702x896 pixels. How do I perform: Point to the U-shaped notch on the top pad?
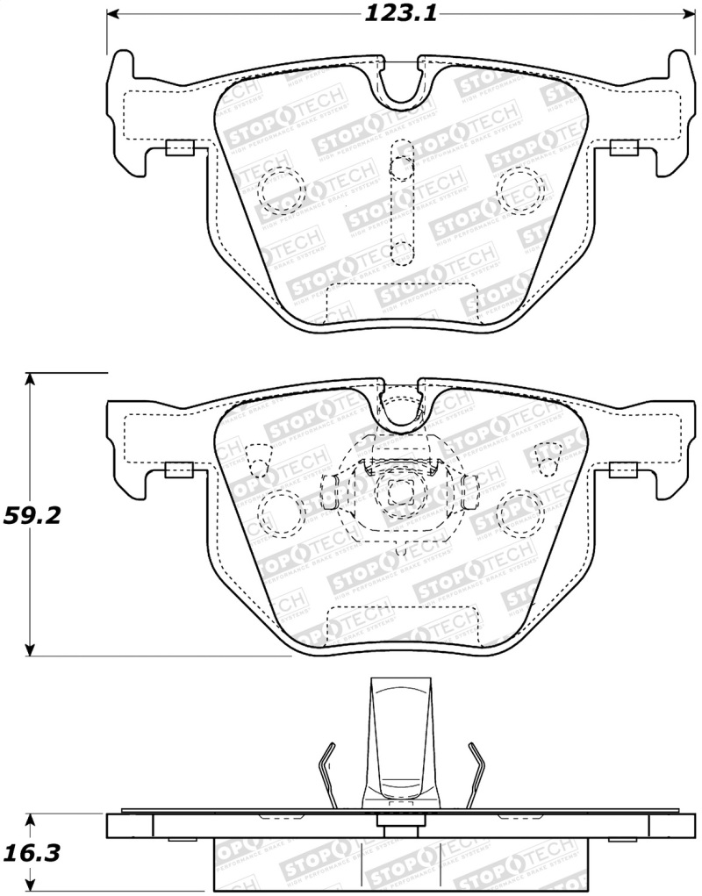pyautogui.click(x=401, y=83)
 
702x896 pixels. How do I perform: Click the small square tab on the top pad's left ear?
pyautogui.click(x=179, y=148)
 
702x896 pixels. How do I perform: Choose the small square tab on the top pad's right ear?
pyautogui.click(x=624, y=148)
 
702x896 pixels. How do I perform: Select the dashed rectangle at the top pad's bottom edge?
pyautogui.click(x=401, y=304)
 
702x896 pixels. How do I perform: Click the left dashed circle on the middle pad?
pyautogui.click(x=282, y=511)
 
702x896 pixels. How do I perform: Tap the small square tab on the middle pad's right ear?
pyautogui.click(x=624, y=470)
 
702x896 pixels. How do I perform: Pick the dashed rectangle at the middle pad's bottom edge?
pyautogui.click(x=401, y=625)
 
